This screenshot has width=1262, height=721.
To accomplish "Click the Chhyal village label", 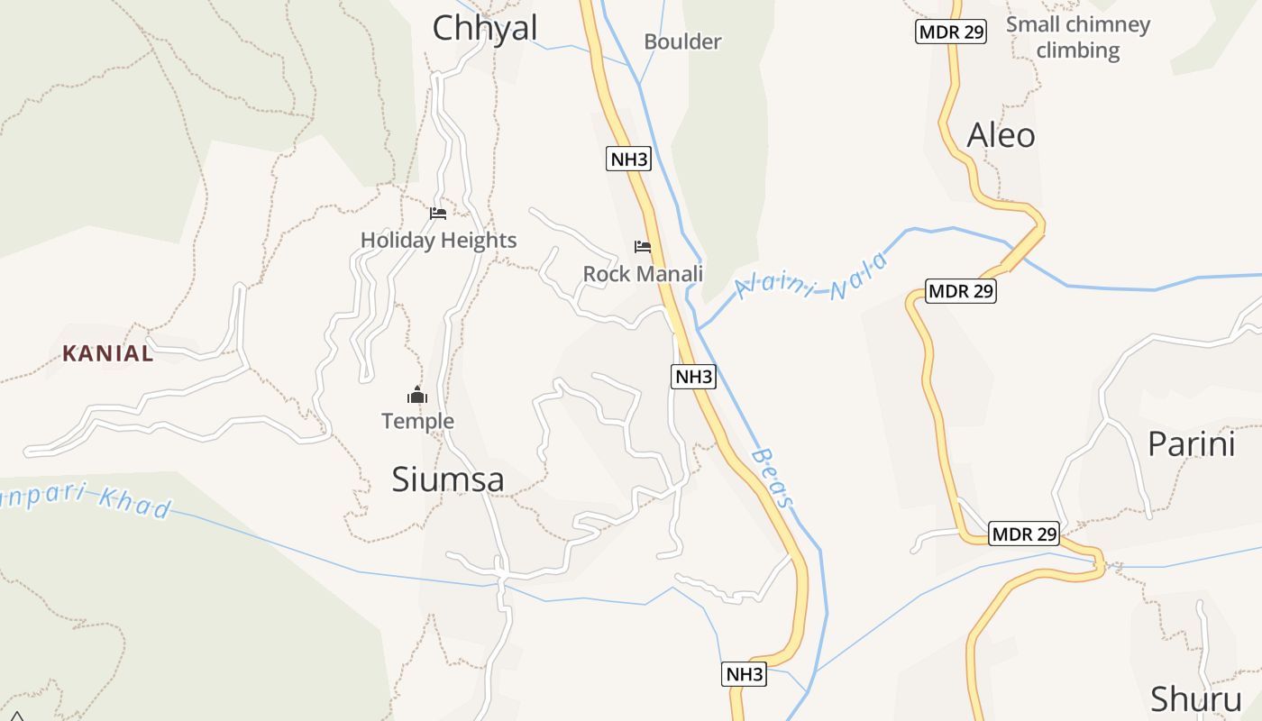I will pos(485,28).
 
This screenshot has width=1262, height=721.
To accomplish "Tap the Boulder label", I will pos(682,41).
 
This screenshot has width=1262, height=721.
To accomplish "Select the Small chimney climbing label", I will pos(1078,37).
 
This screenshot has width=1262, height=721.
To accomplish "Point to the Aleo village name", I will pos(1001,135).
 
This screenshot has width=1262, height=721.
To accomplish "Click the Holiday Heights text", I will pos(438,240).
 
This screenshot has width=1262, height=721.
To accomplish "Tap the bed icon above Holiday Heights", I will pos(438,214).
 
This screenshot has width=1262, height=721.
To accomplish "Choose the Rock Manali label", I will pos(643,273).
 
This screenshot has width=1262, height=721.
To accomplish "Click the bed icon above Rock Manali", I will pos(643,246).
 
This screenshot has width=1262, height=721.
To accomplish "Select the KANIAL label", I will pos(108,354).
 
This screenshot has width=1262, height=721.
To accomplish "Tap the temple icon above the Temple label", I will pos(416,395).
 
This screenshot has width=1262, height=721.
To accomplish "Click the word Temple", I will pos(417,421).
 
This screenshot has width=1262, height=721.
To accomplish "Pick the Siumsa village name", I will pos(448,479).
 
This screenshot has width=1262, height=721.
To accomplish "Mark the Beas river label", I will pos(773,479).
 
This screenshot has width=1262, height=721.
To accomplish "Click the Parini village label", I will pos(1191,444).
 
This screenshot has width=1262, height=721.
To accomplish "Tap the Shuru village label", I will pos(1196,699).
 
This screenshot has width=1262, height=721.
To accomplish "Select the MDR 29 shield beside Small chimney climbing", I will pos(951,32).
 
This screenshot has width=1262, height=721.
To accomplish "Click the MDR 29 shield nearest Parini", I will pos(1023,534).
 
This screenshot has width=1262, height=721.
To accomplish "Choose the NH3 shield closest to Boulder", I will pos(629,160).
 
